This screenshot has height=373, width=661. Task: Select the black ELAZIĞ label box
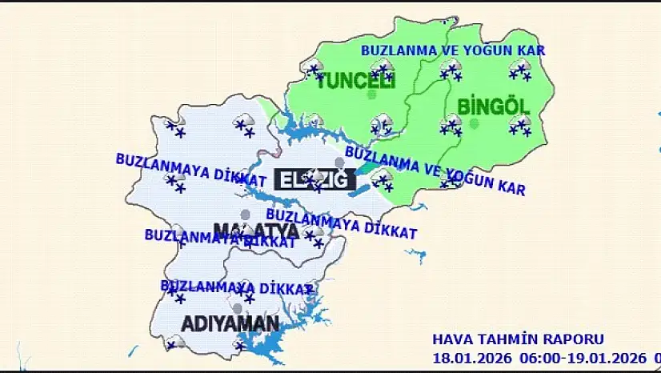pos(313,179)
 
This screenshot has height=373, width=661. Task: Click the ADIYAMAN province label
pos(230,324)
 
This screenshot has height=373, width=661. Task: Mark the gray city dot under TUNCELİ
pos(371,94)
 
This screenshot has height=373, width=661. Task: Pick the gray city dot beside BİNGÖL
pos(474,124)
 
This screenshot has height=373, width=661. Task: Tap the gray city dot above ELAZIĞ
pos(339,163)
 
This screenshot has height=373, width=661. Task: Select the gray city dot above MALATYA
pos(245,215)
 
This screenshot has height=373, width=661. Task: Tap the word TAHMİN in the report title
pos(508,339)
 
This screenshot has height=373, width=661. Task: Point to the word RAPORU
pos(575,339)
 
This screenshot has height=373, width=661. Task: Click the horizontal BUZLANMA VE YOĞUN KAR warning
pos(452,50)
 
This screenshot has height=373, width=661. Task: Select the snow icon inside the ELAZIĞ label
pos(318,178)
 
